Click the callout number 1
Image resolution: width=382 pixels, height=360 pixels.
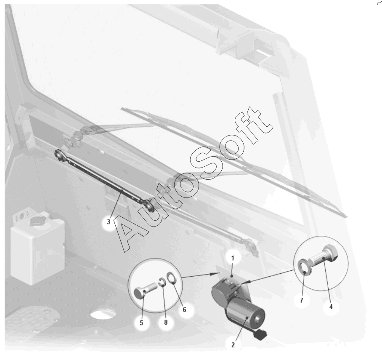click(x=233, y=258)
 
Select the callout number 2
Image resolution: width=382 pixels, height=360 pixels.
click(x=233, y=345)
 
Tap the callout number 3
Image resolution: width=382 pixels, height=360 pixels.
click(x=109, y=222)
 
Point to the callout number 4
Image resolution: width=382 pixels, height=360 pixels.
click(x=331, y=307)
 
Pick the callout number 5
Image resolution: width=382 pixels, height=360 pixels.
click(x=141, y=323)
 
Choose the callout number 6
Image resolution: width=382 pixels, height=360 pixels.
click(x=184, y=309)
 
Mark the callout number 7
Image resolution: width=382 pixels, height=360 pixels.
click(x=302, y=300)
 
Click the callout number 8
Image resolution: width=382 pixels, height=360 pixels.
click(x=166, y=323)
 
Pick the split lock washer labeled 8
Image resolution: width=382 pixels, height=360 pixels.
click(x=160, y=282)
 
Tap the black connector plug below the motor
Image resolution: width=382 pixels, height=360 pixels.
click(x=260, y=335)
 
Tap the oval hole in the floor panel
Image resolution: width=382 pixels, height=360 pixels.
click(x=103, y=314)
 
